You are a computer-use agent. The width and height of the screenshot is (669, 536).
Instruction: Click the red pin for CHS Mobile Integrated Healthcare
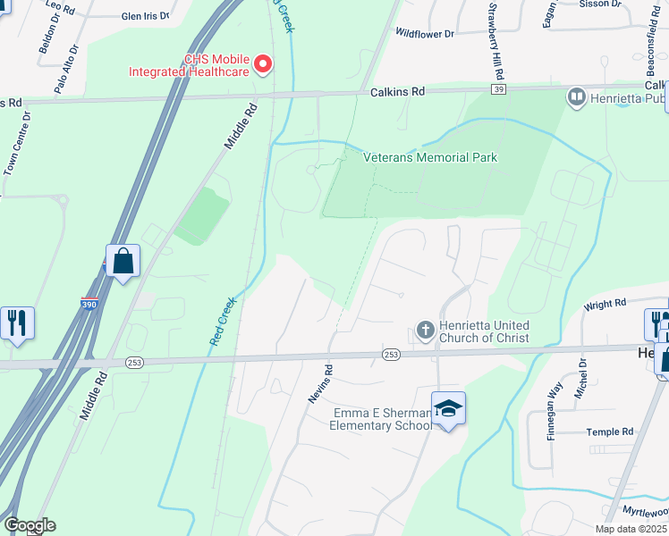tap(263, 64)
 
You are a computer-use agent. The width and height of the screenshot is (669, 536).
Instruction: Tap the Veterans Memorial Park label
tap(430, 157)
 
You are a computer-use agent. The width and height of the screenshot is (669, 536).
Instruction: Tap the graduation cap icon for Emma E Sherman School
tap(449, 408)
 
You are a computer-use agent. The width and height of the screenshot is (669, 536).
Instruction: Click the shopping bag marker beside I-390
tap(123, 262)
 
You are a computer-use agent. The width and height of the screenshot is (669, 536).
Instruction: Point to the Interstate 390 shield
tap(89, 303)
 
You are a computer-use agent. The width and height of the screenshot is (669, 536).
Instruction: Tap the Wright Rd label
tap(605, 305)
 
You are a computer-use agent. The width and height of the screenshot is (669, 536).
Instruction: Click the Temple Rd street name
tap(610, 432)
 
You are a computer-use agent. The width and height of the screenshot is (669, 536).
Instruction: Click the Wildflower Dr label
tap(425, 33)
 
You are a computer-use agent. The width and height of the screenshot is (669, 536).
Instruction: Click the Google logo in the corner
tap(30, 525)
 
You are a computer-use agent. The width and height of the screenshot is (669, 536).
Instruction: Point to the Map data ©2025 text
tap(630, 529)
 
